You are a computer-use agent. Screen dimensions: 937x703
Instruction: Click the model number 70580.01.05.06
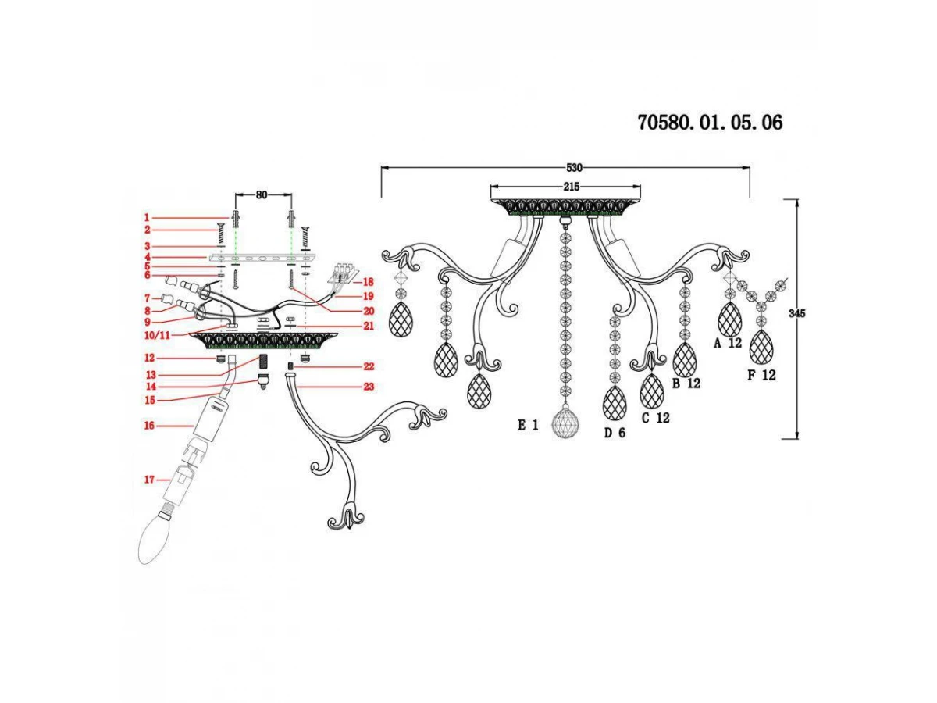point(710,123)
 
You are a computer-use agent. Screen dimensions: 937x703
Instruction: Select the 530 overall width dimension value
point(574,168)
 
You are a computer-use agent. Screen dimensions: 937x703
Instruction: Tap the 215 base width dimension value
point(571,187)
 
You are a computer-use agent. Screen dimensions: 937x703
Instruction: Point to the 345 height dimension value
point(796,313)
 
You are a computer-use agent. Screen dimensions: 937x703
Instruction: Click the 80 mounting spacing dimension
point(262,194)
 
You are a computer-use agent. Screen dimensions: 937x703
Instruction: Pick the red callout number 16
point(149,426)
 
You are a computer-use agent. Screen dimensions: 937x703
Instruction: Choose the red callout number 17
point(149,480)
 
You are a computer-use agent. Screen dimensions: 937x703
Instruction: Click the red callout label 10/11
point(157,335)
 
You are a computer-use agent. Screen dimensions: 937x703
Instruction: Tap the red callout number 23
point(369,387)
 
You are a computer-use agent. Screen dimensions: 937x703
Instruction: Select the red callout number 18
point(368,282)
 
